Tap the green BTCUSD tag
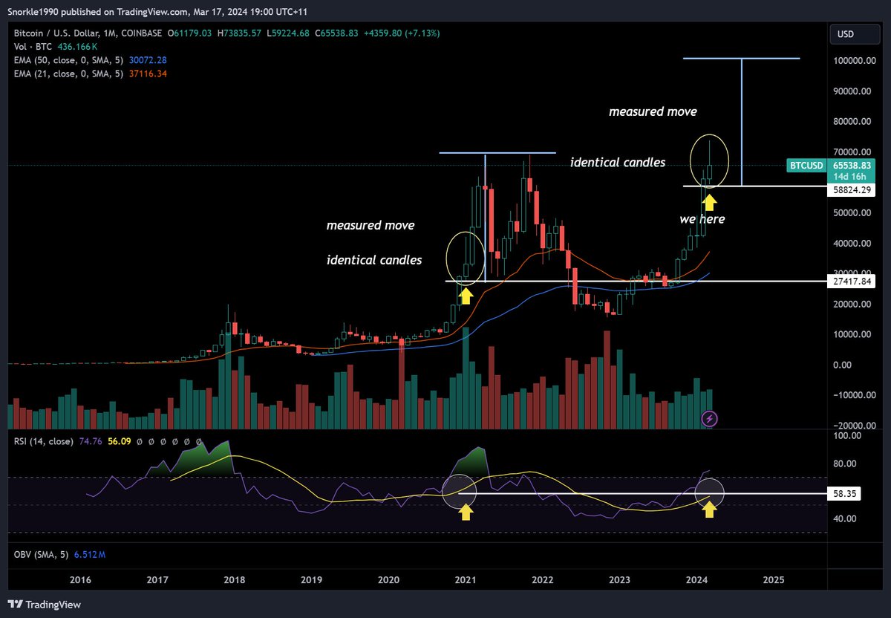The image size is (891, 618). (x=805, y=165)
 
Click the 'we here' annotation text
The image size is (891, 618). (x=702, y=220)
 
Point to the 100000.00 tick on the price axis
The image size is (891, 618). (x=852, y=61)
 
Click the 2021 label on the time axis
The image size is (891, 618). (x=466, y=579)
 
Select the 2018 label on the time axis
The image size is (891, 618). (x=234, y=579)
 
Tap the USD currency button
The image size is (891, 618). (x=846, y=33)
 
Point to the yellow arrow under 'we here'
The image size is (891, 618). (x=709, y=201)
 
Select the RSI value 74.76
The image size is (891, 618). (x=90, y=441)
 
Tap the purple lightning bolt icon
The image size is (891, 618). (x=710, y=419)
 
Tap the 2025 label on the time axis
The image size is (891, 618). (x=774, y=579)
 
